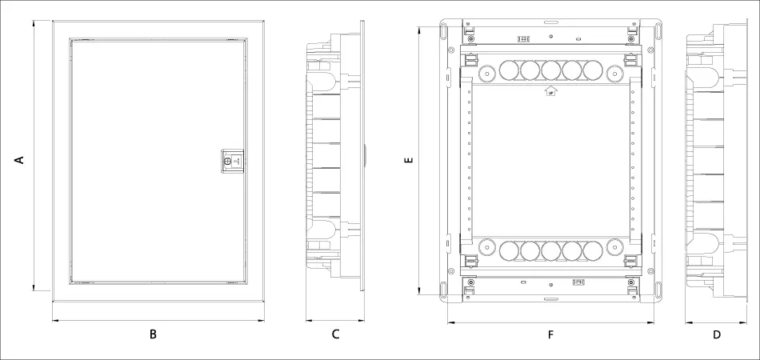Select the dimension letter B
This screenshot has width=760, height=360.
pos(153,334)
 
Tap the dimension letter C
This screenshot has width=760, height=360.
pos(335,334)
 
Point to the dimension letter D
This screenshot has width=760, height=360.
pos(716,334)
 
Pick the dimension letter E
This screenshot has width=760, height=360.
pos(409,161)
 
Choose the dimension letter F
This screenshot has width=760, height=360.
pos(550,334)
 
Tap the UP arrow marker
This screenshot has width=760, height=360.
pos(550,92)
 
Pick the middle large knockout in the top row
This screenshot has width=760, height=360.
pos(550,71)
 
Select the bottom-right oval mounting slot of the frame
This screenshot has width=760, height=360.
pos(657,290)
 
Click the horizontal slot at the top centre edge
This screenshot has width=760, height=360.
pos(550,22)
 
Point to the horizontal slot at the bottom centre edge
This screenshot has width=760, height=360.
pos(550,299)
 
